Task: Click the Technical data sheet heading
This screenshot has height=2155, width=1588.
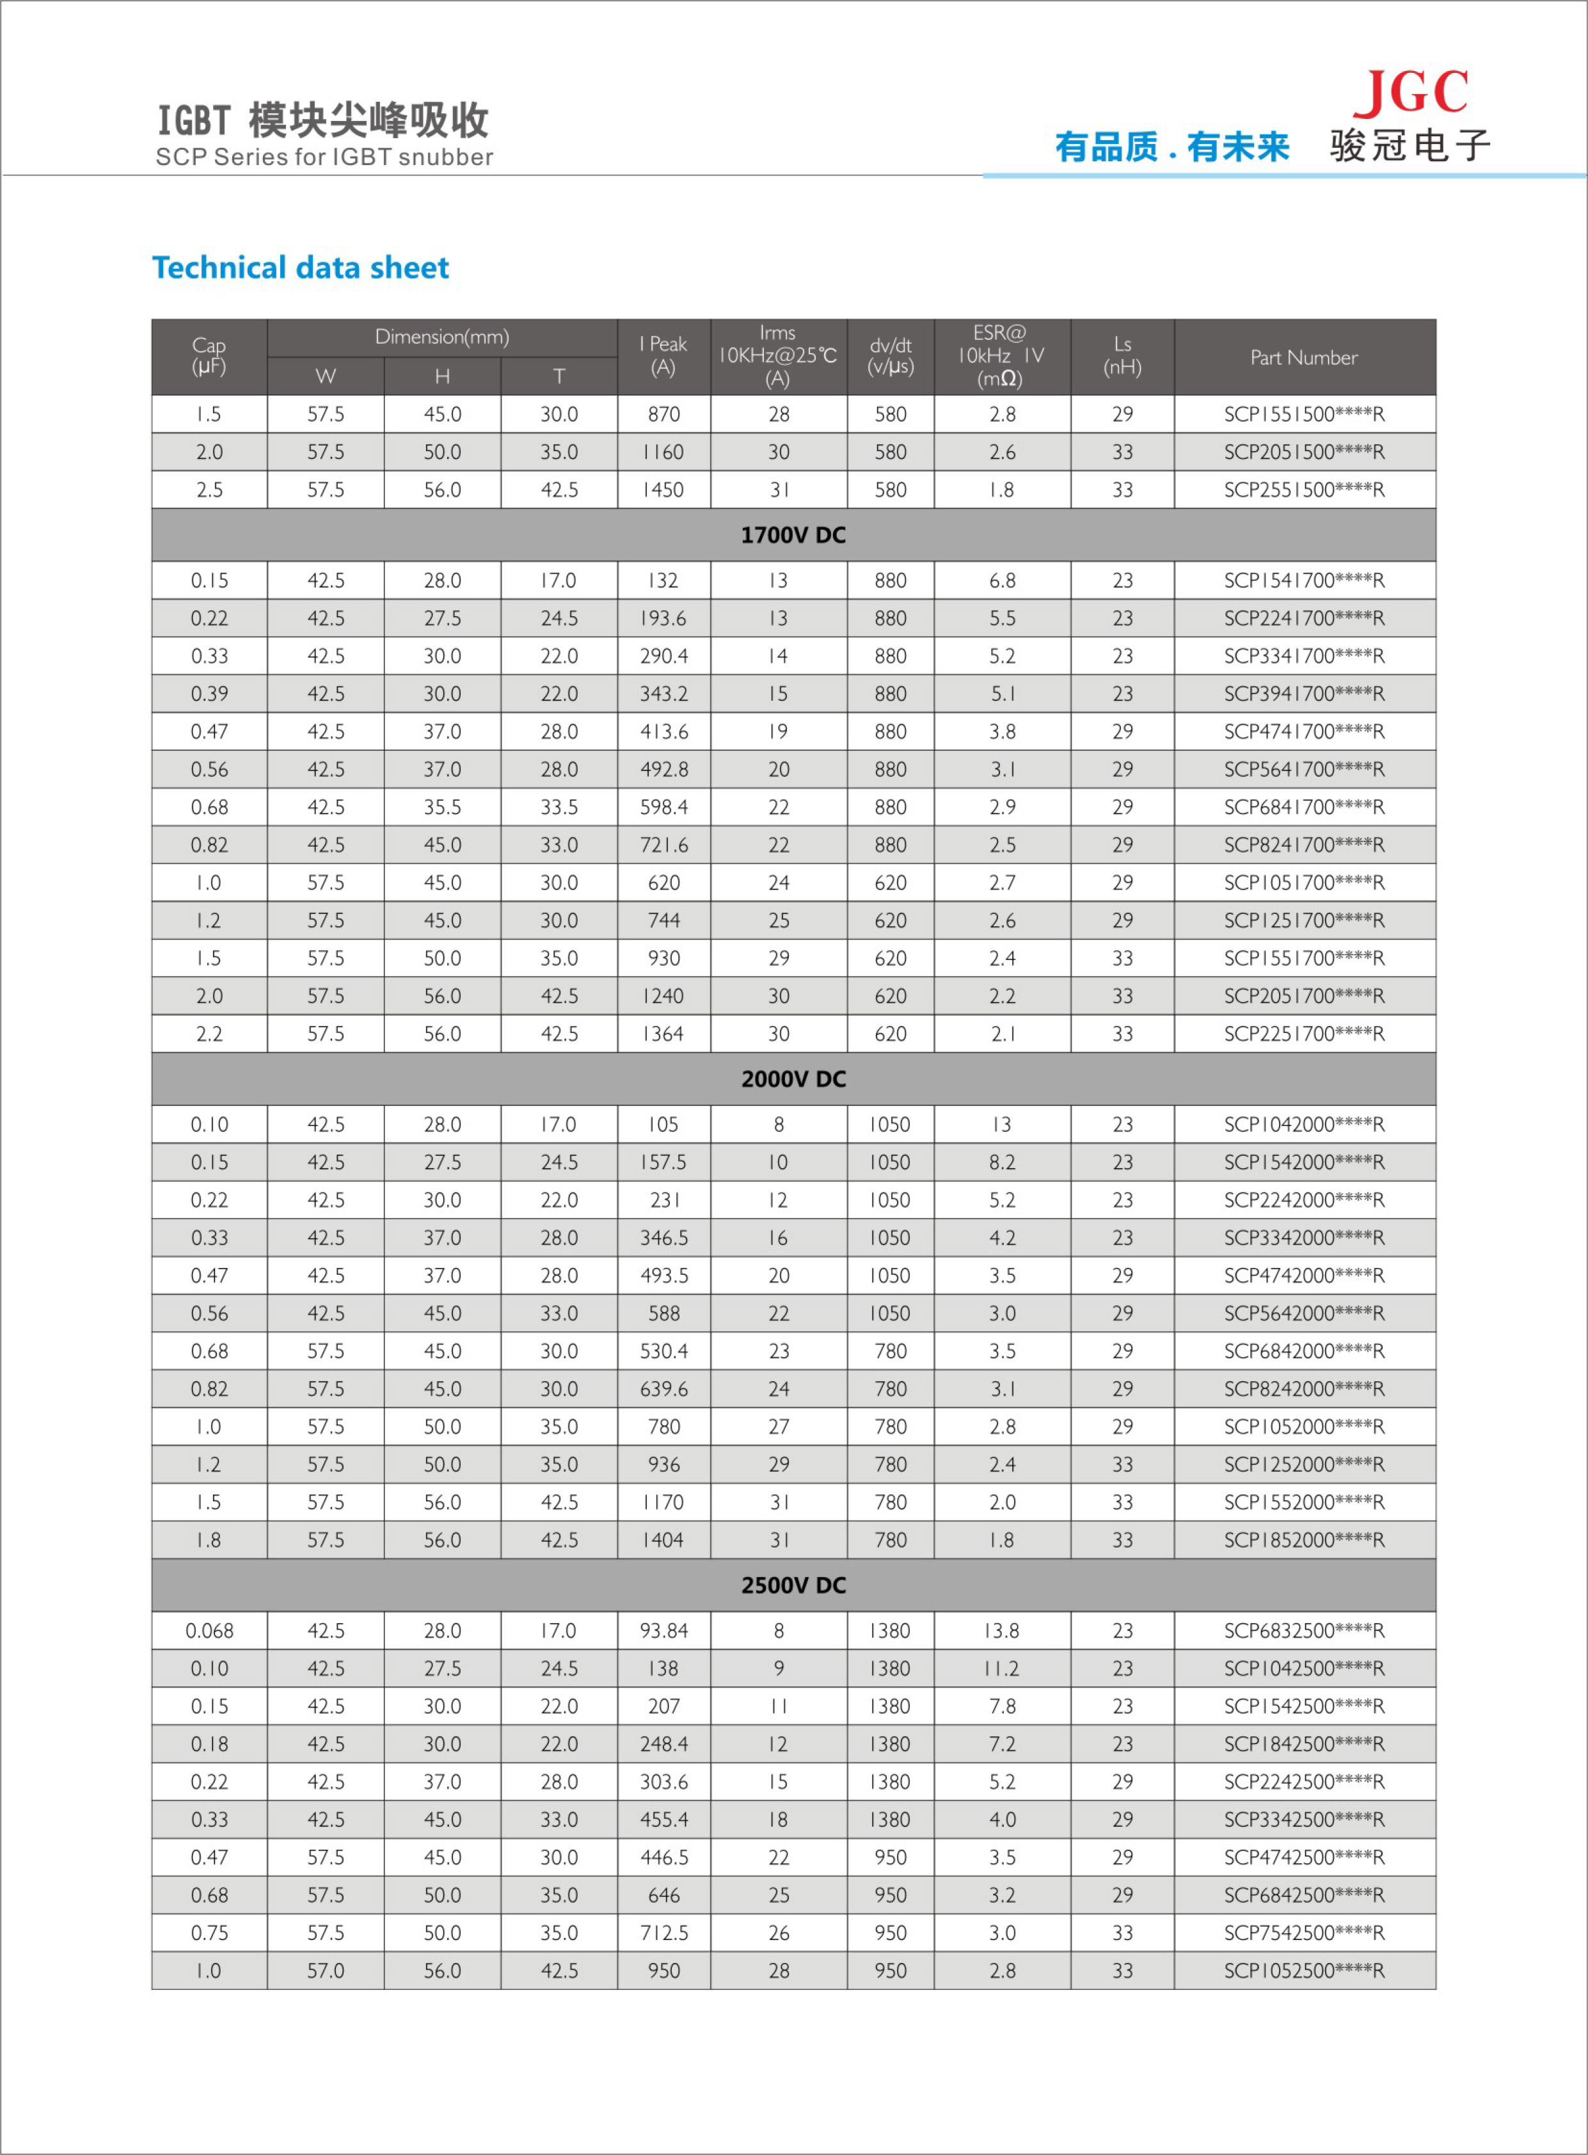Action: point(300,268)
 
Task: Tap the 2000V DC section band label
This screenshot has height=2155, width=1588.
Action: point(793,1079)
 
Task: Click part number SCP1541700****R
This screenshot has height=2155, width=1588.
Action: point(1303,581)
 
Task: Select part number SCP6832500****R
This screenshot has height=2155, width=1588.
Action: point(1303,1631)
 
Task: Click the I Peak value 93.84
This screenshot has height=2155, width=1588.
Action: point(663,1631)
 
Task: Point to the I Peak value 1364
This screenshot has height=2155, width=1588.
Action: point(663,1034)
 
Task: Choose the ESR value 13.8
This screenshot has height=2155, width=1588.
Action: point(1002,1631)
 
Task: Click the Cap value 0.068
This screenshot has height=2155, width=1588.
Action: point(210,1631)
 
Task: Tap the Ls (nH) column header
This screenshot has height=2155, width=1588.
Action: point(1122,356)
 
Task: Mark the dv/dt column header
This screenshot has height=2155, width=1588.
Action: point(890,356)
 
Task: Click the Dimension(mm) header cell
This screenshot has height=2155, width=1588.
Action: point(442,337)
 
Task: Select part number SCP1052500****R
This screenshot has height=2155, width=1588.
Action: point(1303,1971)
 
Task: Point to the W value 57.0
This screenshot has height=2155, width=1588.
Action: point(326,1971)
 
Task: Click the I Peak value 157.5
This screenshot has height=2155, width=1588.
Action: point(663,1162)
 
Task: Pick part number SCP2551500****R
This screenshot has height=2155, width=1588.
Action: point(1303,490)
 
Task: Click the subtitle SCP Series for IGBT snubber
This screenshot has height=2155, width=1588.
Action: point(324,157)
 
